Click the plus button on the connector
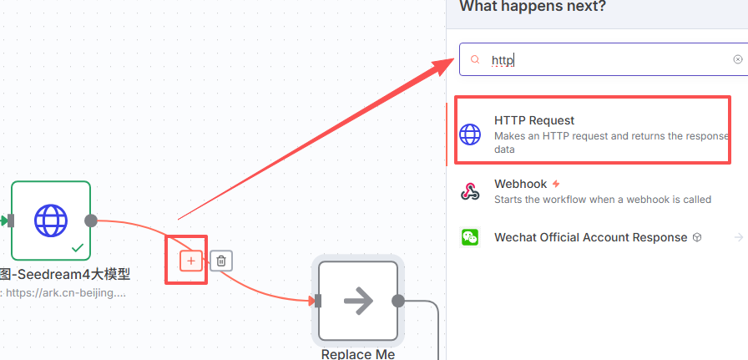pos(191,261)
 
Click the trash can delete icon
pos(220,261)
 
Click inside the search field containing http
pos(601,60)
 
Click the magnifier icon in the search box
pos(475,60)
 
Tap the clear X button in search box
pos(738,60)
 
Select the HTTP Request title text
pos(534,120)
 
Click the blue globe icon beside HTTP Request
pos(471,134)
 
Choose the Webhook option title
pos(520,184)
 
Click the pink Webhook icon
pos(471,191)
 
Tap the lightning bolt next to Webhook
pos(556,184)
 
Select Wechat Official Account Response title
pos(590,237)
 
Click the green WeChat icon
pos(471,237)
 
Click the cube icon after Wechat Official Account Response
pos(696,237)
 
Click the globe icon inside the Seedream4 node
pos(51,221)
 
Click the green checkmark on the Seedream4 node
pos(77,247)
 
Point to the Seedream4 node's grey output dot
pos(91,221)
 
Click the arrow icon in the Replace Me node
pos(358,301)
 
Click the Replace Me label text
pos(357,353)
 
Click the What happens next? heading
pos(533,7)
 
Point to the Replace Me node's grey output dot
pos(398,301)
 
